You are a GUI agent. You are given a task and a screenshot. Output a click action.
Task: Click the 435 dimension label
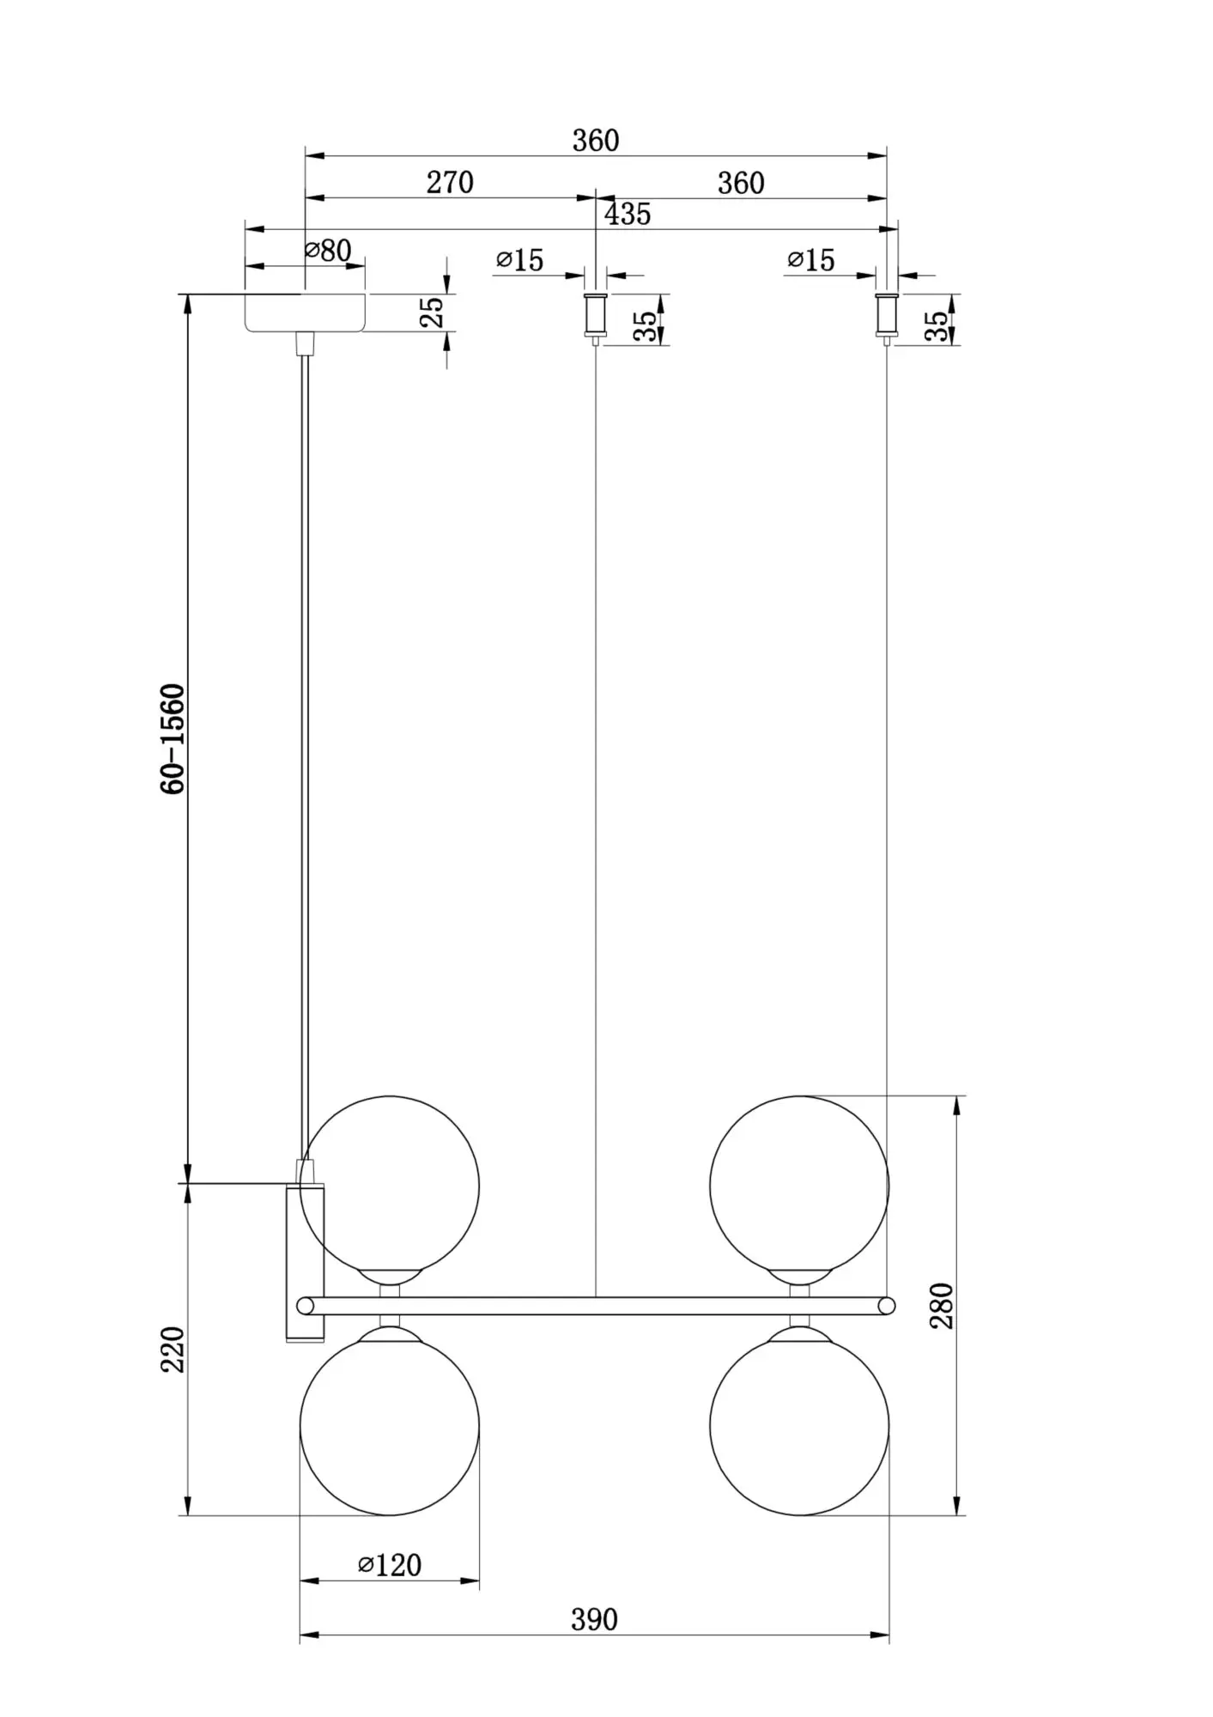(628, 215)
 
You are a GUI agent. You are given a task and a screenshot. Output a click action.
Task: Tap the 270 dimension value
(450, 183)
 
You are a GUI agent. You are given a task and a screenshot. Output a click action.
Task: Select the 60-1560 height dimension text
(173, 739)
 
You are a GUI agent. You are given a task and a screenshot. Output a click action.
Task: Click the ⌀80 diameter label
(328, 251)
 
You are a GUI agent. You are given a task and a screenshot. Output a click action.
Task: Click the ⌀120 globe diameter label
(390, 1565)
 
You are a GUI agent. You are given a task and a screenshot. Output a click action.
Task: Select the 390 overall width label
(594, 1620)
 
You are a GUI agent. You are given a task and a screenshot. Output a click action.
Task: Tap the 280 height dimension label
(943, 1306)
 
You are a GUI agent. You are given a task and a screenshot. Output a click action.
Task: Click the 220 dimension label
(173, 1350)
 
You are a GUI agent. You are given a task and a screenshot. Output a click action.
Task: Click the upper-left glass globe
(390, 1186)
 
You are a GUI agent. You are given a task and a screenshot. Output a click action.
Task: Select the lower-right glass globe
(799, 1426)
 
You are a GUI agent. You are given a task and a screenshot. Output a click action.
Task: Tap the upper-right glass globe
(799, 1186)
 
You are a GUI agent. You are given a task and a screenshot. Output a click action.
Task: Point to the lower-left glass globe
(390, 1426)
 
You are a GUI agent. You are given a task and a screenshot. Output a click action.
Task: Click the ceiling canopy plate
(305, 312)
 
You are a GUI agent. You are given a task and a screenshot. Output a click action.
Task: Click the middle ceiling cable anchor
(596, 316)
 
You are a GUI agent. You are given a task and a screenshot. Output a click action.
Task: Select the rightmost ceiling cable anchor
(887, 316)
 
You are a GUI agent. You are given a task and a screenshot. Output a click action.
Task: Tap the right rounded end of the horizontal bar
(887, 1306)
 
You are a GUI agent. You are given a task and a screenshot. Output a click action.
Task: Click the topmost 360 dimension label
(596, 141)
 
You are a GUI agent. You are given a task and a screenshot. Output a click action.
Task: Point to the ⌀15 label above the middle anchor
(520, 260)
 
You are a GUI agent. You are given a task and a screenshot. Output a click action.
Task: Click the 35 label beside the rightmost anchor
(937, 326)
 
